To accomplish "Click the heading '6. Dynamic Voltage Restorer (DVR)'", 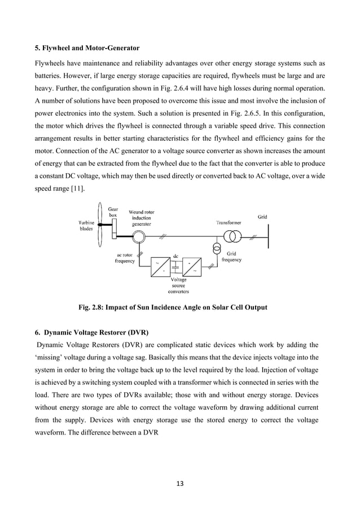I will [93, 329].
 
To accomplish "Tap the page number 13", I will [180, 483].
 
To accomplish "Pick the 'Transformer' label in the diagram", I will [229, 223].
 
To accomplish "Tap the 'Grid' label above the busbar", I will [262, 216].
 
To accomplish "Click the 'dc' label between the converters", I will [176, 256].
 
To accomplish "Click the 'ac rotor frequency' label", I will [125, 258].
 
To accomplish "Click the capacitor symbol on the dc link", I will [176, 266].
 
